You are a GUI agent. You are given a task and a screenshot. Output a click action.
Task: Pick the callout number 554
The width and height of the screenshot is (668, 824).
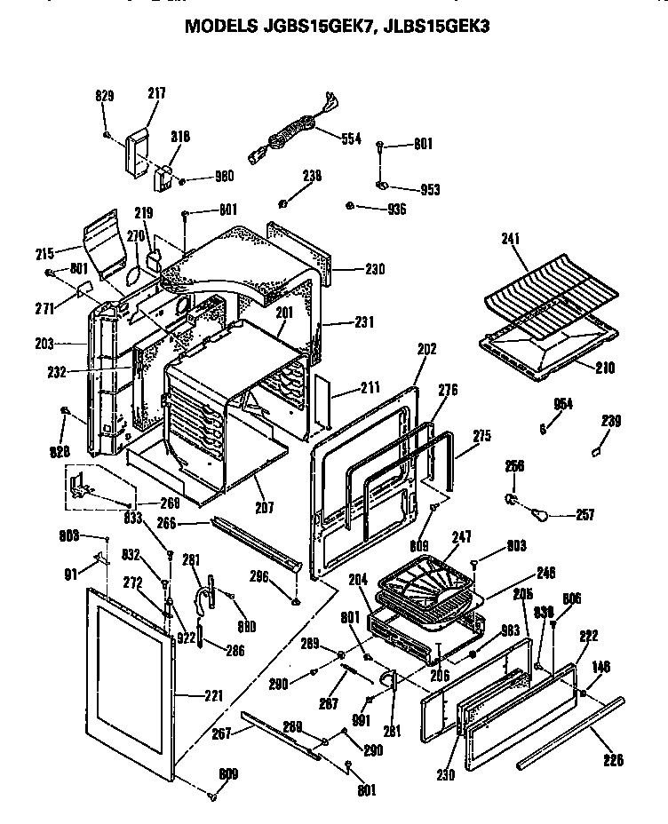pyautogui.click(x=352, y=139)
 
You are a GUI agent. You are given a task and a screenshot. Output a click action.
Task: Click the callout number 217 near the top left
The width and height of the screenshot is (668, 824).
pyautogui.click(x=156, y=93)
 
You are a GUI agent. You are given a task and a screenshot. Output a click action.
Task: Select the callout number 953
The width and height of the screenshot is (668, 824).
pyautogui.click(x=429, y=189)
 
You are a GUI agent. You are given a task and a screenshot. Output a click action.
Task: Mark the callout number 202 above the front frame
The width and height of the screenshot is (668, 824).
pyautogui.click(x=426, y=349)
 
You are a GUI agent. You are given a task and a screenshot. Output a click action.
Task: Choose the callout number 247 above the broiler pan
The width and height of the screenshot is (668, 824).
pyautogui.click(x=461, y=538)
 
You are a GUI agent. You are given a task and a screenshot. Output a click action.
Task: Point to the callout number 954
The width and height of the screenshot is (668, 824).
pyautogui.click(x=562, y=404)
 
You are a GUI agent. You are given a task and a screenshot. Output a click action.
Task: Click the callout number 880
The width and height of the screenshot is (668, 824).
pyautogui.click(x=246, y=627)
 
